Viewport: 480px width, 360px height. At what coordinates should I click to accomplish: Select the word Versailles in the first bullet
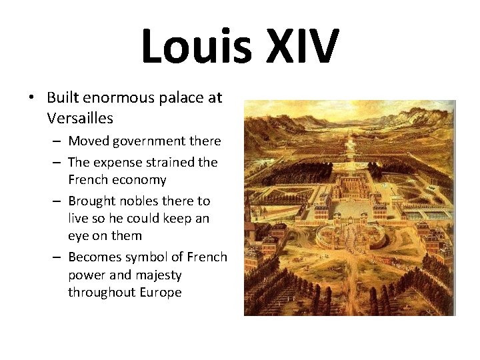coord(80,119)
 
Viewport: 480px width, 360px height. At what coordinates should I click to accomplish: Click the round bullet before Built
coord(31,98)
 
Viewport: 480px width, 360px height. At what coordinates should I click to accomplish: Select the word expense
coord(117,162)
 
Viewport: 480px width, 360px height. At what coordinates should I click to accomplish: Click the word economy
coord(139,180)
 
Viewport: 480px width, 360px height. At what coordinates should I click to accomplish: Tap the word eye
coord(77,236)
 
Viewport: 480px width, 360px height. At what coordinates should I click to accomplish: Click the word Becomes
coord(95,257)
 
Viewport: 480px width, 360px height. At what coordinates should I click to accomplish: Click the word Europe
coord(159,292)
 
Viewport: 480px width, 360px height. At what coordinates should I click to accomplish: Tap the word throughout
coord(100,292)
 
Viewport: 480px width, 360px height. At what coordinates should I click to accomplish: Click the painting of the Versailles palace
coord(349,207)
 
